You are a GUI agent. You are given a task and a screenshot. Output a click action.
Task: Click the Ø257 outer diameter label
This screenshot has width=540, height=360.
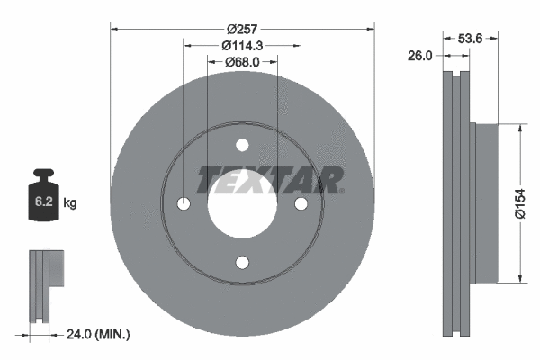click(x=242, y=28)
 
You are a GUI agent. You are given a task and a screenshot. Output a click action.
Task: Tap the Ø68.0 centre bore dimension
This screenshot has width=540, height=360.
click(x=242, y=62)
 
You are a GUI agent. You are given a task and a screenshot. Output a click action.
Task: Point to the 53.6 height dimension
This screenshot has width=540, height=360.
click(x=472, y=39)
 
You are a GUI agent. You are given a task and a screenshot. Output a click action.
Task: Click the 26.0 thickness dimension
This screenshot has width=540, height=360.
click(x=419, y=55)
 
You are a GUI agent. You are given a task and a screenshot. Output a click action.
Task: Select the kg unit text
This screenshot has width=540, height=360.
click(x=70, y=204)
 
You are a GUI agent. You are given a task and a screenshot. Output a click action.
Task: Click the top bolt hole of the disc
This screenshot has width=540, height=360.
click(x=242, y=146)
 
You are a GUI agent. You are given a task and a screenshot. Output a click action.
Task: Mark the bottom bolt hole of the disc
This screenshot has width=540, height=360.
click(x=242, y=262)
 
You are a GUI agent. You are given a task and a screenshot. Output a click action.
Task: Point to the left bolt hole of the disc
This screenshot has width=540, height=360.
click(x=184, y=204)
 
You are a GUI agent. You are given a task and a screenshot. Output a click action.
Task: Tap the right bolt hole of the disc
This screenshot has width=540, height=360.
click(x=300, y=204)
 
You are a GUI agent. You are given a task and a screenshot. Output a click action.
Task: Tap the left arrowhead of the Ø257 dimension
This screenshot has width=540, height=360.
click(x=114, y=28)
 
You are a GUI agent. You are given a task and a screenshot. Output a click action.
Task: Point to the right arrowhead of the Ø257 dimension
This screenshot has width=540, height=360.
click(x=369, y=28)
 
